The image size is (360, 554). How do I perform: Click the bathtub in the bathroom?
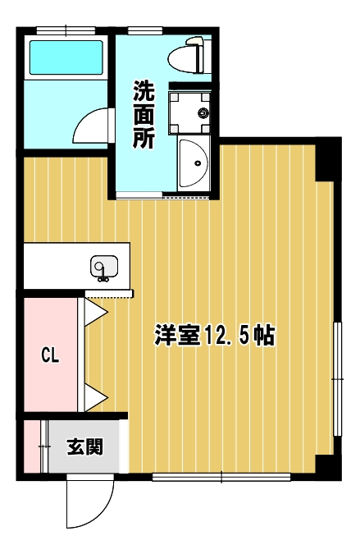(x=66, y=57)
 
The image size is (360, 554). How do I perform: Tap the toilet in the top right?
(x=186, y=56)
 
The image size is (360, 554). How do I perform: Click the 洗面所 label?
(x=144, y=114)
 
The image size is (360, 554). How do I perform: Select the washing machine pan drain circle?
(x=203, y=113)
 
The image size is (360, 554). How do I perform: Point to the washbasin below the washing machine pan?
(x=194, y=163)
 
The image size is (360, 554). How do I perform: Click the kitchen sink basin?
(x=104, y=267)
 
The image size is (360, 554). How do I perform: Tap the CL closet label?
(x=50, y=355)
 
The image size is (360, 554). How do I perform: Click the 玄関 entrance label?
(x=85, y=446)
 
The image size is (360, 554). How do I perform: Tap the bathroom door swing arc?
(x=84, y=120)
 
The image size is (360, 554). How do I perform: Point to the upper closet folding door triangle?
(x=96, y=312)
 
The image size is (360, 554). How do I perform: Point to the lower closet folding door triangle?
(x=96, y=398)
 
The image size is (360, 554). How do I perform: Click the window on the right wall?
(x=337, y=378)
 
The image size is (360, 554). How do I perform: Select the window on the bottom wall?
(x=221, y=478)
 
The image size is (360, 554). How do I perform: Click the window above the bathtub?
(x=66, y=30)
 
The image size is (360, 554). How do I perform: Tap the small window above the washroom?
(x=145, y=30)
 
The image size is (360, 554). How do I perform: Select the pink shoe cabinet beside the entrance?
(x=32, y=446)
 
